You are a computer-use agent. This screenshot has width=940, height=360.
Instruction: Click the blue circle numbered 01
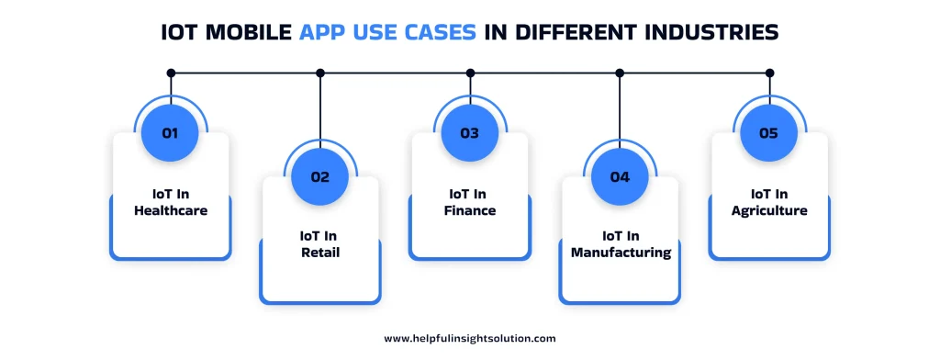[170, 132]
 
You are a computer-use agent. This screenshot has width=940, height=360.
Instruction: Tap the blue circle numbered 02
[319, 177]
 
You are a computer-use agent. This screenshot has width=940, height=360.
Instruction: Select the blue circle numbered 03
[470, 132]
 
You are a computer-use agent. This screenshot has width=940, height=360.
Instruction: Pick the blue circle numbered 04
[620, 177]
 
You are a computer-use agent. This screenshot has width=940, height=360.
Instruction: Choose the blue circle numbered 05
[769, 132]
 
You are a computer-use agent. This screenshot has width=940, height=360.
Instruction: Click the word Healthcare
[170, 210]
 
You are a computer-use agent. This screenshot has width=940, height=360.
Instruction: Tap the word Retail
[320, 252]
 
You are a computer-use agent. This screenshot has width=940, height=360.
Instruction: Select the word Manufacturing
[620, 252]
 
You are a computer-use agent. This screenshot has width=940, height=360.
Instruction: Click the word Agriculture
[769, 210]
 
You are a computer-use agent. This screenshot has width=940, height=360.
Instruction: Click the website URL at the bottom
[469, 338]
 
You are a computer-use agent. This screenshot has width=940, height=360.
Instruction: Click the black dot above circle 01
[170, 73]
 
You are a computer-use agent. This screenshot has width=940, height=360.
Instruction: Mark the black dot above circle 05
[769, 73]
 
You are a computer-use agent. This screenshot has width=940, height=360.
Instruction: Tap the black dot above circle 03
[470, 73]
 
